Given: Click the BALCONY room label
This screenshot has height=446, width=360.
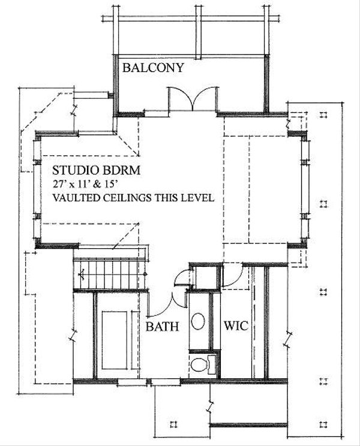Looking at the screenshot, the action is coord(153,68).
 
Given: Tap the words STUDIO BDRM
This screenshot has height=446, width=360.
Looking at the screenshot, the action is coord(97,170).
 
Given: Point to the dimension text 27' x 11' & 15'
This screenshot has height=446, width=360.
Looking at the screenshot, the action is coord(85,184).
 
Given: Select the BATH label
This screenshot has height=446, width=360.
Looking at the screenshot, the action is coord(162,327).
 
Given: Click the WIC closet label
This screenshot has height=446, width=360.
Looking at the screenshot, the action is coord(236,326).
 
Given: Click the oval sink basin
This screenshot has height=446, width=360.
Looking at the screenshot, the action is coord(198,321).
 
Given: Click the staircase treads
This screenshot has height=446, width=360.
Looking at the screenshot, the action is coord(112,273).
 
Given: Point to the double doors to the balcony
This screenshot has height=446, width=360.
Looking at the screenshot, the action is coord(193,98).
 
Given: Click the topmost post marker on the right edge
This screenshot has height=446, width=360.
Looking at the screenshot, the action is coord(323,114).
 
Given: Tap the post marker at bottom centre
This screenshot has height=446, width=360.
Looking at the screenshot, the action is coord(173,424).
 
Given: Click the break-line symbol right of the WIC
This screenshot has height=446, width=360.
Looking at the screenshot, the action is coord(288,339).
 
